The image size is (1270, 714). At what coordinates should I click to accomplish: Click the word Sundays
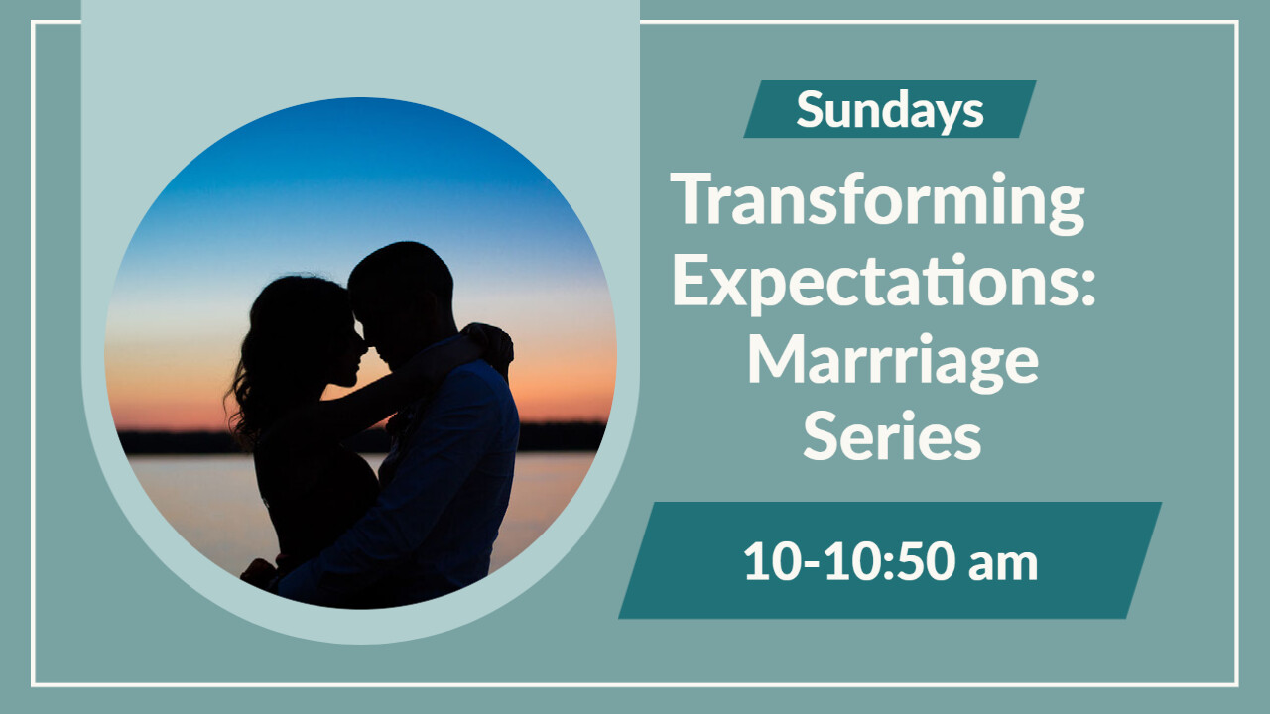[x=890, y=110]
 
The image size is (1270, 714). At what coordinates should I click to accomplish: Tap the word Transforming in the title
[x=878, y=202]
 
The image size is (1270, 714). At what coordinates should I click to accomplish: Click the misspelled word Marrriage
[x=893, y=362]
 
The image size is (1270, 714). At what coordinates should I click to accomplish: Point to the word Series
[x=892, y=435]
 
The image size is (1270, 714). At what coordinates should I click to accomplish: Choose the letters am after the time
[x=1003, y=565]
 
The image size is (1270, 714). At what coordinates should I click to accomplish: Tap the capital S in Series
[x=821, y=435]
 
